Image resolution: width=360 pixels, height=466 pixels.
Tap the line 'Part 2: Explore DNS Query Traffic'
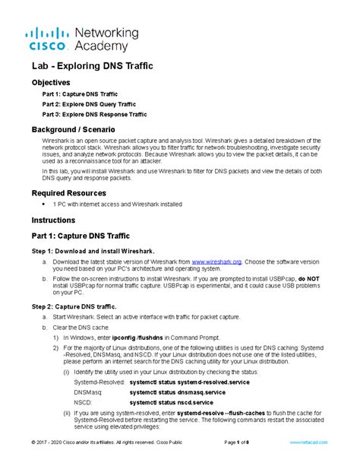[x=84, y=104]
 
